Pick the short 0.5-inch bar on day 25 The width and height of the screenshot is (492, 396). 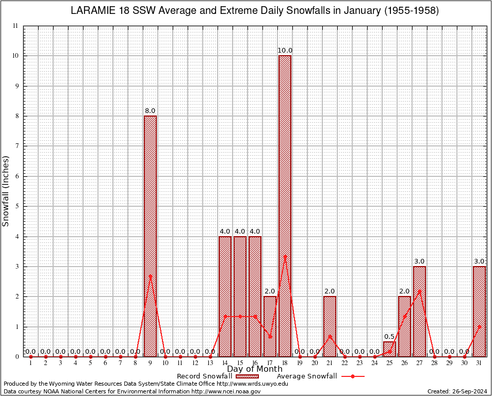pyautogui.click(x=389, y=350)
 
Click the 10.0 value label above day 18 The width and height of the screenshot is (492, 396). pyautogui.click(x=285, y=51)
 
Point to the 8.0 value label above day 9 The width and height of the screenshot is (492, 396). pyautogui.click(x=150, y=111)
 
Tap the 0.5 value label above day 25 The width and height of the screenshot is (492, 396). pyautogui.click(x=389, y=337)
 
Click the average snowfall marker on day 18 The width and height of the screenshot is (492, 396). pyautogui.click(x=285, y=256)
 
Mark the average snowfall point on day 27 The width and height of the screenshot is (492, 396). pyautogui.click(x=419, y=291)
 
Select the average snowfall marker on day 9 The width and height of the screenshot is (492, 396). pyautogui.click(x=150, y=276)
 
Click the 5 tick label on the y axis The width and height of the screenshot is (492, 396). pyautogui.click(x=17, y=206)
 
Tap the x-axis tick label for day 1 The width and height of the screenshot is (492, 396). pyautogui.click(x=30, y=363)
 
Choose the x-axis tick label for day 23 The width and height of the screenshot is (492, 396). pyautogui.click(x=359, y=363)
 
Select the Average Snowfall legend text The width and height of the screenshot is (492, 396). pyautogui.click(x=306, y=376)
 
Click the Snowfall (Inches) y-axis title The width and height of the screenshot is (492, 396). pyautogui.click(x=6, y=191)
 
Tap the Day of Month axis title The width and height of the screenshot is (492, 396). pyautogui.click(x=255, y=369)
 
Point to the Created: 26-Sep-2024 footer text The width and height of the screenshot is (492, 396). pyautogui.click(x=457, y=391)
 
